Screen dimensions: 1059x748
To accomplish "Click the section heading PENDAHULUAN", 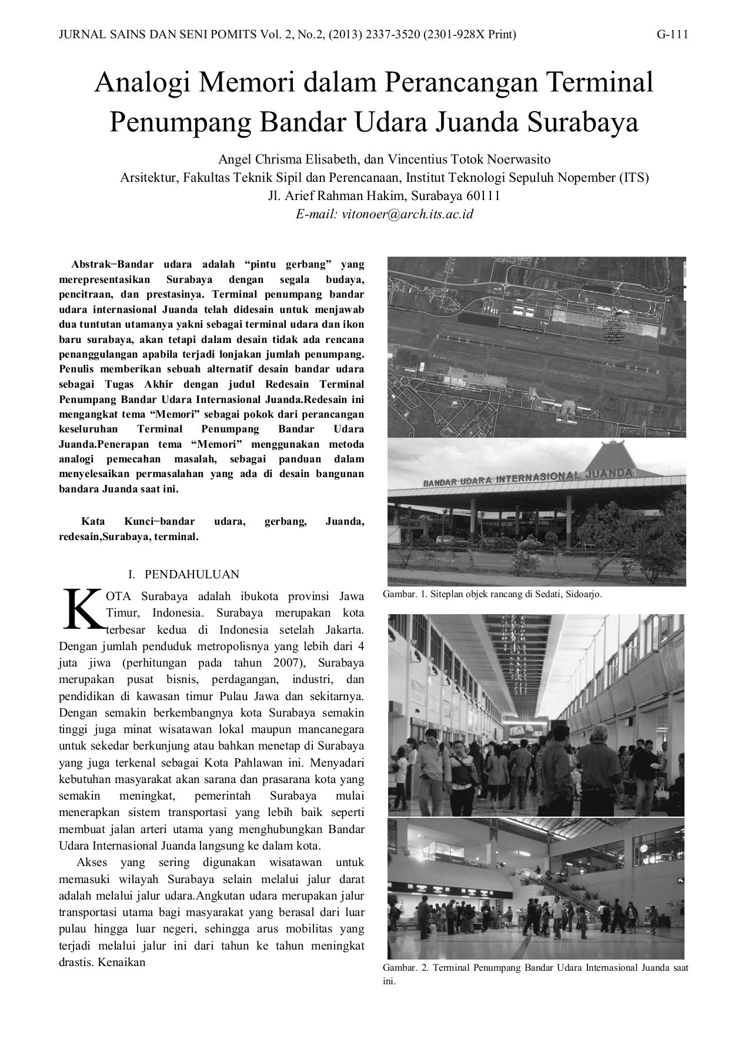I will click(x=192, y=574).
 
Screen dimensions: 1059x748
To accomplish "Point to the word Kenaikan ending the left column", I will click(x=122, y=963).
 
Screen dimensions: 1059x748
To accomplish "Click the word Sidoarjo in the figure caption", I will click(x=582, y=595).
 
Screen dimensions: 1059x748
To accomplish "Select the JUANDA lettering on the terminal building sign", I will click(x=612, y=472).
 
